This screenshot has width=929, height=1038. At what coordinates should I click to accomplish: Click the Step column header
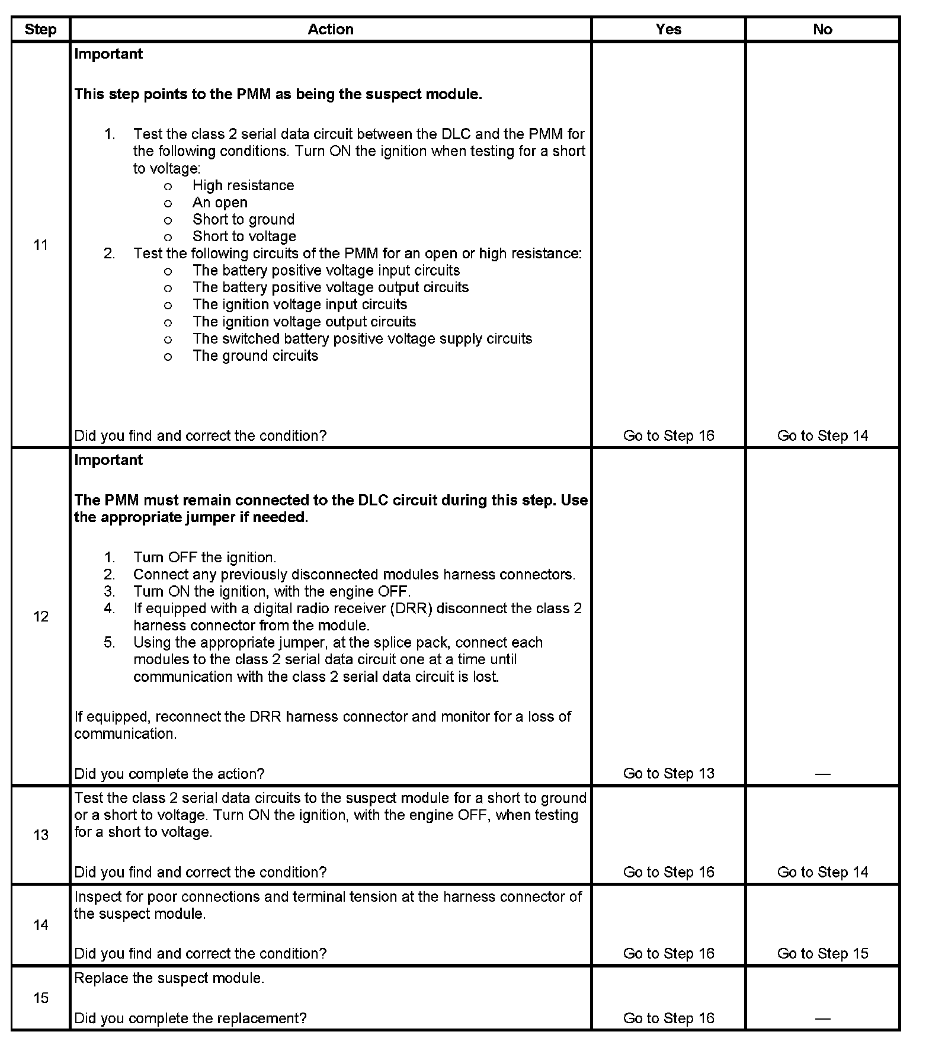(40, 30)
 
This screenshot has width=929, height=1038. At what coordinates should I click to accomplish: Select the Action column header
(331, 30)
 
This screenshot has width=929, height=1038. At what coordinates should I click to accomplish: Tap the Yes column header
(668, 30)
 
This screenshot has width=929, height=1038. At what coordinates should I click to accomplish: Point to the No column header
(822, 30)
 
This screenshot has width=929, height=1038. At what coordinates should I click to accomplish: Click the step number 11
(40, 245)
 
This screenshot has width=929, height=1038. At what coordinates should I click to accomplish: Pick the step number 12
(40, 617)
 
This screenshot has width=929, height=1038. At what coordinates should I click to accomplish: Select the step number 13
(40, 835)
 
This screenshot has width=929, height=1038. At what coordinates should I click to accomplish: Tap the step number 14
(40, 925)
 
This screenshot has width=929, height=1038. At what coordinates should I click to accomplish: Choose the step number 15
(40, 998)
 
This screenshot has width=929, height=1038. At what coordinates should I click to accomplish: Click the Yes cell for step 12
(668, 773)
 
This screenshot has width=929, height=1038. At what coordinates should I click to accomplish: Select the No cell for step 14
(822, 953)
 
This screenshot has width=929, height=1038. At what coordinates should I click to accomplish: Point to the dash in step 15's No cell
(822, 1018)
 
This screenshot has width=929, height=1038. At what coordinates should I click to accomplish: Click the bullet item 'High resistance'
(243, 185)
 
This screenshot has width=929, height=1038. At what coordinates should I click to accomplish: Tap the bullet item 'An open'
(220, 203)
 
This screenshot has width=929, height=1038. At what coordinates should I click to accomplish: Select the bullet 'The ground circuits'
(255, 355)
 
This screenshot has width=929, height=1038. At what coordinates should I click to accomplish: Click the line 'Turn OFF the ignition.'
(204, 558)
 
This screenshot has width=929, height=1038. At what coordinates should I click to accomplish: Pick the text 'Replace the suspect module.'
(169, 978)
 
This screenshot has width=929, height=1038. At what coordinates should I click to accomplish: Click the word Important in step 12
(108, 460)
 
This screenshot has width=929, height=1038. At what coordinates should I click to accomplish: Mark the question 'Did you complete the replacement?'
(190, 1018)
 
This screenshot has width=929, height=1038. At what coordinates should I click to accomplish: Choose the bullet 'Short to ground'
(244, 220)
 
